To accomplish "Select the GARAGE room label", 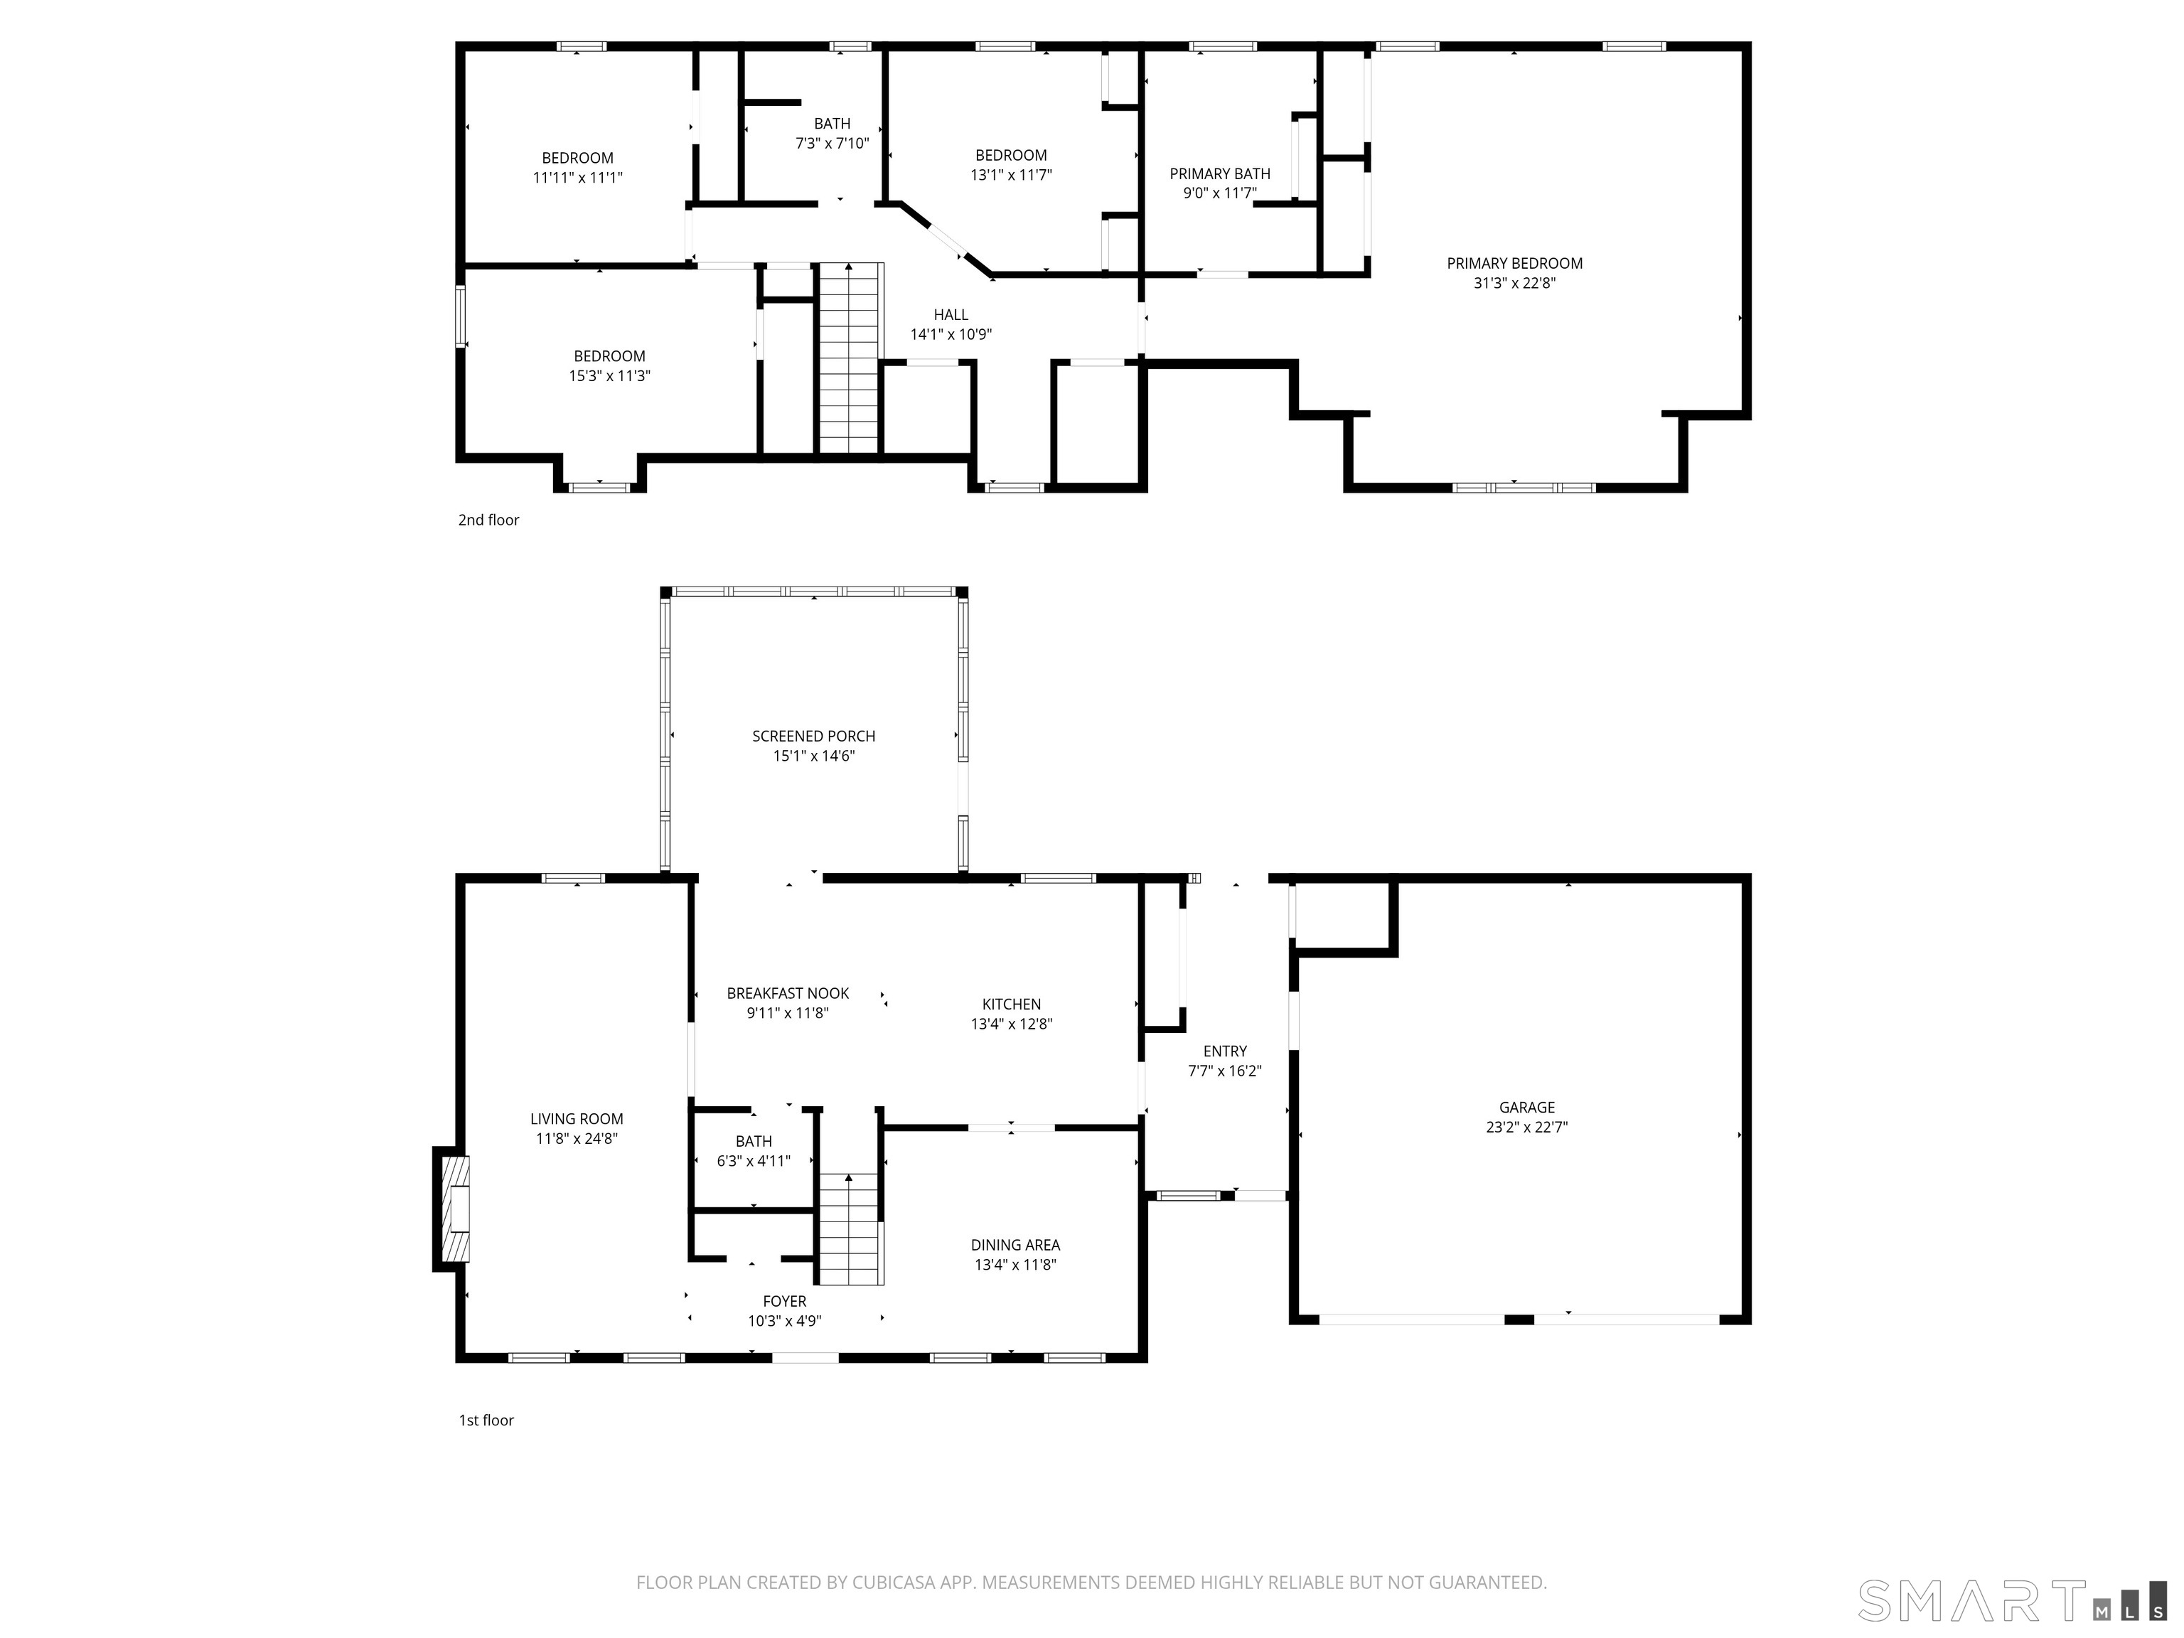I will tap(1526, 1108).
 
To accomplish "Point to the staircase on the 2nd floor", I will tap(849, 358).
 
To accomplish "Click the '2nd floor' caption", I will tap(488, 520).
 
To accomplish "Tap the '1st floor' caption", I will tap(486, 1420).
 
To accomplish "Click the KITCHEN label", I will tap(1011, 1004).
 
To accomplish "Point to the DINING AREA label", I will tap(1015, 1245).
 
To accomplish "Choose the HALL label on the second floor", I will tap(951, 315).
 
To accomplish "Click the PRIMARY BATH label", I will tap(1219, 173).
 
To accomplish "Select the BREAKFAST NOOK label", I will tap(787, 993).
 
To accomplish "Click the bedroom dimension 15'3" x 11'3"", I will tap(609, 376).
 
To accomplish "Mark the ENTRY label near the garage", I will tap(1224, 1051).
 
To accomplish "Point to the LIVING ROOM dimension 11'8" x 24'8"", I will tap(576, 1138).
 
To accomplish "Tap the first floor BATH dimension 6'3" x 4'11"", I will tap(754, 1161).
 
